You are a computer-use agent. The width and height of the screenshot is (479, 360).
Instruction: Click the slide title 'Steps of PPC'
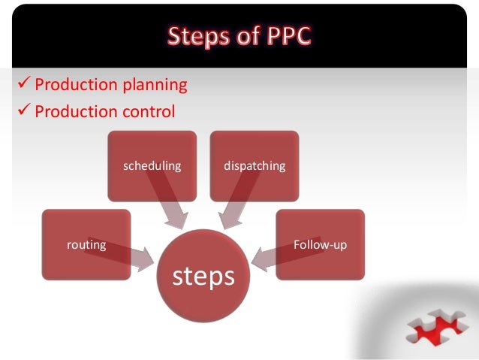coord(239,36)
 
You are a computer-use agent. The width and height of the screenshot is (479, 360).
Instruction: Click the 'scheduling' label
coord(152,165)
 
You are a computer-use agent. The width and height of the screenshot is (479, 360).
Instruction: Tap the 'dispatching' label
coord(255,165)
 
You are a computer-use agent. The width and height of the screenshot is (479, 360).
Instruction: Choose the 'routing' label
coord(86,244)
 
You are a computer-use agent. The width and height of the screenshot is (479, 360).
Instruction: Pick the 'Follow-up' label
coord(320,244)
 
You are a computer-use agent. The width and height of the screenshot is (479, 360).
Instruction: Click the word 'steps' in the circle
coord(203,276)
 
